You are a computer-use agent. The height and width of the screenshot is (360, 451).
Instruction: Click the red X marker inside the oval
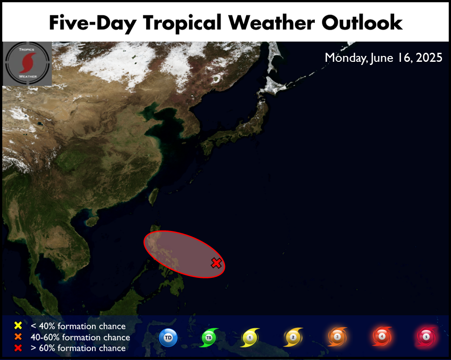(216, 263)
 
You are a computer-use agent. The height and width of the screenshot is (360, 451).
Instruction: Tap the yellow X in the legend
(18, 325)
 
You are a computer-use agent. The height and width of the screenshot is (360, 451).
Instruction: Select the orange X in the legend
(18, 337)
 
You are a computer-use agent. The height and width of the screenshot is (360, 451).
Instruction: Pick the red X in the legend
(18, 348)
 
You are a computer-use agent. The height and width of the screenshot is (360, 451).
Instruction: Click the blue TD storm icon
(168, 337)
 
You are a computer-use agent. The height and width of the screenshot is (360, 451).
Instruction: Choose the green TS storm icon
(209, 337)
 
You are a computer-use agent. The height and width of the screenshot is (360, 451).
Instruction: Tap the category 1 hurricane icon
(250, 337)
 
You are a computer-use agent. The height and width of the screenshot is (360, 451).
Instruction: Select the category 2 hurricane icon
(293, 337)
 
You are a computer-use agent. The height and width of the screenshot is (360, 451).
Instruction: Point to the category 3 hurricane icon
(337, 337)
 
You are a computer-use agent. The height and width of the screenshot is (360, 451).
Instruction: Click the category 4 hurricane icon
(382, 336)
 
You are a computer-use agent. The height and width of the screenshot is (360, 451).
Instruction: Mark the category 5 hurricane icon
(426, 337)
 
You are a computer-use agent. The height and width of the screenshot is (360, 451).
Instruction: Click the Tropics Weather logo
(28, 64)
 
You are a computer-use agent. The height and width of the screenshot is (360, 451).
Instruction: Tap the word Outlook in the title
(362, 23)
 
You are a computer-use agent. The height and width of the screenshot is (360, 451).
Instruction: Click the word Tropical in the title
(182, 23)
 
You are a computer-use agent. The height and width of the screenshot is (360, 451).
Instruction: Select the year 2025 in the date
(429, 58)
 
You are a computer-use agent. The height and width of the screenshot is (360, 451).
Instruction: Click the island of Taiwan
(154, 197)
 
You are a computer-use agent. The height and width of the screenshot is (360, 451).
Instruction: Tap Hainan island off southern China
(92, 222)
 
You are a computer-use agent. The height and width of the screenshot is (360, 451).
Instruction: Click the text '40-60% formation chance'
(80, 337)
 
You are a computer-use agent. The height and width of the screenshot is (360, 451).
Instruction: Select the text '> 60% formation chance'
(78, 348)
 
